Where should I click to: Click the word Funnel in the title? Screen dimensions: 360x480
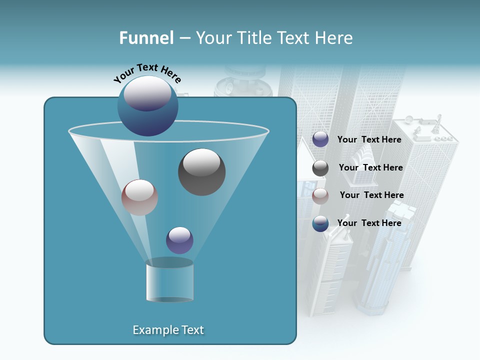[x=146, y=38]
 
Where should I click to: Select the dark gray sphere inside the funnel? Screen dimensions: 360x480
[x=201, y=172]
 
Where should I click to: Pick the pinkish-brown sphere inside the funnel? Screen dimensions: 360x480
[x=139, y=197]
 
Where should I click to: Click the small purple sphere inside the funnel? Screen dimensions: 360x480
[x=179, y=240]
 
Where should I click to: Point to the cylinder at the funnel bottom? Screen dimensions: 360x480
[x=169, y=281]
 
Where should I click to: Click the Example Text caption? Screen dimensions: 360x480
[x=168, y=330]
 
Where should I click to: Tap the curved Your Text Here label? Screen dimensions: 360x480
[x=147, y=72]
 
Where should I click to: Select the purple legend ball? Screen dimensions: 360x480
[x=320, y=139]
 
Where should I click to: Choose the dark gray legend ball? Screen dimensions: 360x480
[x=320, y=168]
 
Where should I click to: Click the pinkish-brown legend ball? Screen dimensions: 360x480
[x=320, y=196]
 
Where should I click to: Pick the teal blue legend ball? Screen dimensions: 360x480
[x=320, y=223]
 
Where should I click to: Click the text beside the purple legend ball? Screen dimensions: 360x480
[x=369, y=140]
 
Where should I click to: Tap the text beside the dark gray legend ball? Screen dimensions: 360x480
[x=370, y=168]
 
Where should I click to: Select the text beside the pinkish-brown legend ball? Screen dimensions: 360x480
[x=371, y=195]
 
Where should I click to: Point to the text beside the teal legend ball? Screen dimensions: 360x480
[x=369, y=223]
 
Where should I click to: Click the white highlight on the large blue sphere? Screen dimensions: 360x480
[x=147, y=92]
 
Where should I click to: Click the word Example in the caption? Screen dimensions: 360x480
[x=152, y=330]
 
